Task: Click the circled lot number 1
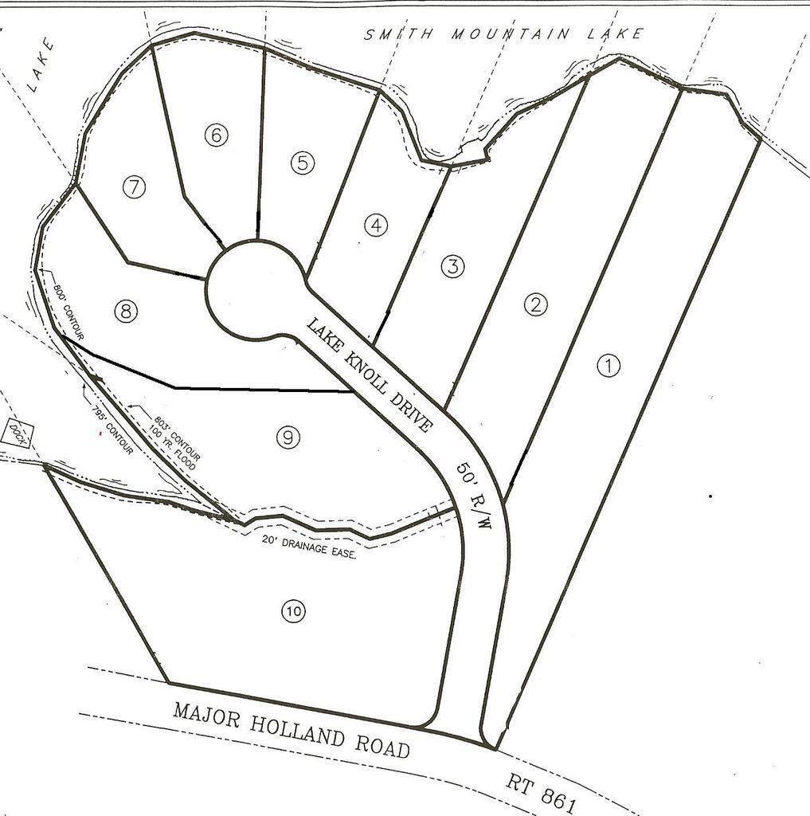point(608,366)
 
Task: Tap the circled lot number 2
point(535,304)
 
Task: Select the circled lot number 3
point(452,266)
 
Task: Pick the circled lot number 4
point(376,226)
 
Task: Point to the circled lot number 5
point(303,163)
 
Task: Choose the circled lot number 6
point(216,135)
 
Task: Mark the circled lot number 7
point(135,188)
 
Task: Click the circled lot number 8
point(125,312)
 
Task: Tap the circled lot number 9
point(288,436)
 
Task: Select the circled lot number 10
point(292,611)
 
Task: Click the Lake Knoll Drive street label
point(370,375)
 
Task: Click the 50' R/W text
point(474,494)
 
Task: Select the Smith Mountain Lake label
point(503,34)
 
